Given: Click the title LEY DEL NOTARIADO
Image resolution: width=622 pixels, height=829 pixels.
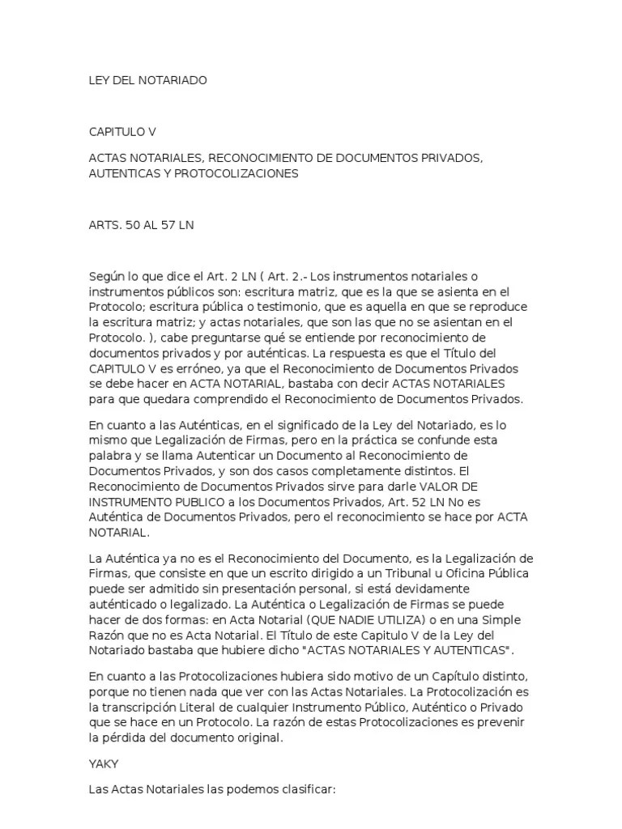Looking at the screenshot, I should coord(147,80).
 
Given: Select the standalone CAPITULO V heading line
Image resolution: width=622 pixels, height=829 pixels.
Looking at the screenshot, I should coord(121,131).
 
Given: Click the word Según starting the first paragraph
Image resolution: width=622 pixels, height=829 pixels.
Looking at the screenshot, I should coord(107,277).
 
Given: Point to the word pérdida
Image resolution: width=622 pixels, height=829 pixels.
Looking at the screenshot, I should coord(122,738).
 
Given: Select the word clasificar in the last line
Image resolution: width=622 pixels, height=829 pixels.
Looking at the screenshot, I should coord(305,789).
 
